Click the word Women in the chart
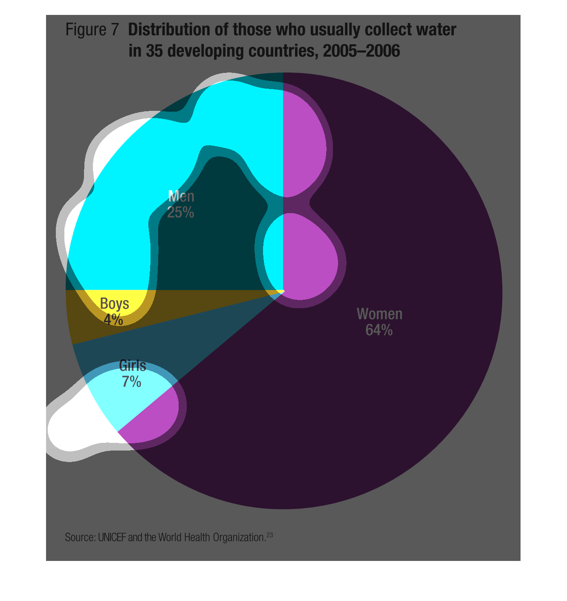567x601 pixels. coord(379,314)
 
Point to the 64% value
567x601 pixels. coord(379,330)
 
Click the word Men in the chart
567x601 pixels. coord(181,196)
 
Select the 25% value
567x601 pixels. coord(181,212)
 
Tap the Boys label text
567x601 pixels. coord(114,303)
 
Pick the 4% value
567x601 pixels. coord(113,320)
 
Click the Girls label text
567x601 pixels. coord(133,366)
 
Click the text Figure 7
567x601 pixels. coord(92,30)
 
